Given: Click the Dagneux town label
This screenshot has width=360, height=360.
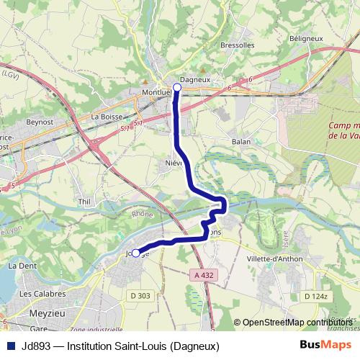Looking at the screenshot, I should click(x=194, y=79).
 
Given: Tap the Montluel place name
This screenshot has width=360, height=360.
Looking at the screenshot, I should click(x=158, y=92).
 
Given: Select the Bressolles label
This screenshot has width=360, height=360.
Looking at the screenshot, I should click(x=238, y=45).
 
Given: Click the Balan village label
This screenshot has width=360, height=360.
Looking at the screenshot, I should click(x=241, y=142).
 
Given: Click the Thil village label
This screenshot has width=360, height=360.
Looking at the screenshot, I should click(x=84, y=202).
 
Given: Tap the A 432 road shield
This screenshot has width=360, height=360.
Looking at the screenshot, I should click(x=204, y=275).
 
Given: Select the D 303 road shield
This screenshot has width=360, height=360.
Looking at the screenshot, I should click(x=140, y=296).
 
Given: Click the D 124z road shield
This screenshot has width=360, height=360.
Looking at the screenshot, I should click(x=315, y=296).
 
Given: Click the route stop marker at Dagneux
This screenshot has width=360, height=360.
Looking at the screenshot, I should click(x=177, y=86).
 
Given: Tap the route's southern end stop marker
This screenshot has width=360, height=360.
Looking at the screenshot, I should click(x=135, y=253).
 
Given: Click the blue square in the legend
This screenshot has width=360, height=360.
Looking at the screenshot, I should click(x=11, y=346).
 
